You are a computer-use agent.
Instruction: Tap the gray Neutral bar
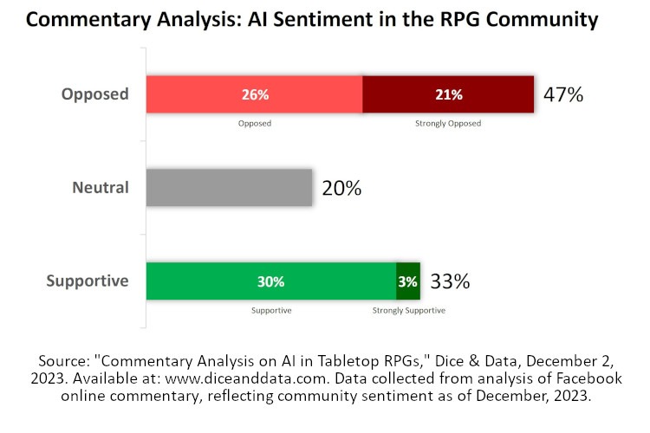229,187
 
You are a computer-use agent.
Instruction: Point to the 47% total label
563,94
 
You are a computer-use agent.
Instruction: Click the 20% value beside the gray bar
341,188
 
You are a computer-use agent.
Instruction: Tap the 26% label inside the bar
254,94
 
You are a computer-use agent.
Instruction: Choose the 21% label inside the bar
448,94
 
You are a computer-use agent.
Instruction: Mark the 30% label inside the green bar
270,281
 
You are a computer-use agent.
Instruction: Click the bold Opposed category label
94,94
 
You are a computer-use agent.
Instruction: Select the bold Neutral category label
101,187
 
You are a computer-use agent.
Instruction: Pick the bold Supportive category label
88,281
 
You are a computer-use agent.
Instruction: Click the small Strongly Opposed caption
448,123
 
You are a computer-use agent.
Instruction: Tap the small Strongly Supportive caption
408,309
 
